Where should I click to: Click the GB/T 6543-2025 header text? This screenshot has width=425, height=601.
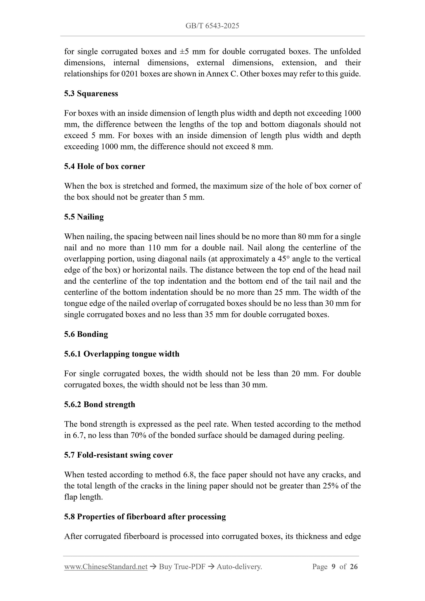pos(212,26)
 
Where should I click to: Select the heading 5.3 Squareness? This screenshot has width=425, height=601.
pos(91,93)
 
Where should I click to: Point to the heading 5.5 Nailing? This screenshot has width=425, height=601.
pos(84,217)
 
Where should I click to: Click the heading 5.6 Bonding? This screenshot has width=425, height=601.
pos(86,334)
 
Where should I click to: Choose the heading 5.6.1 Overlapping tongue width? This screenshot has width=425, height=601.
pos(121,354)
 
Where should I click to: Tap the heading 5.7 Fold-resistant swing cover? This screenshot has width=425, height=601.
pos(118,455)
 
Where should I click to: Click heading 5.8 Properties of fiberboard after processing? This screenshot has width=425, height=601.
pos(145,517)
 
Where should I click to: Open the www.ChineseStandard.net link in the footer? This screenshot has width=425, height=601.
pos(106,567)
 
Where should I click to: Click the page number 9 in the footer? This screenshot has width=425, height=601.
pos(333,567)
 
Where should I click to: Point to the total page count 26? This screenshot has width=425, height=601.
pos(354,567)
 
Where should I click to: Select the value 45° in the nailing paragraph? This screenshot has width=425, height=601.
pos(284,259)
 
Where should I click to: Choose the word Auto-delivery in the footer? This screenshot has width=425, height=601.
pos(239,567)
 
